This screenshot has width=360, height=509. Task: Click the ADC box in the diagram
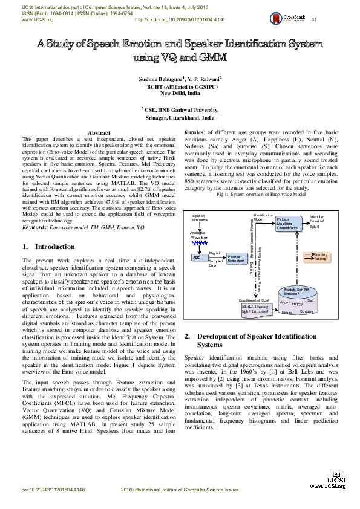point(197,257)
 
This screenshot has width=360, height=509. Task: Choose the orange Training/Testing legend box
point(317,257)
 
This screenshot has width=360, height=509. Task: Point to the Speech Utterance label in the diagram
point(199,218)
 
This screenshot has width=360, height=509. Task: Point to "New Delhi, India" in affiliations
point(180,94)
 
